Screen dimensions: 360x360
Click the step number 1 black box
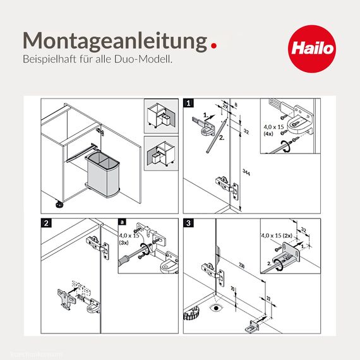(188, 102)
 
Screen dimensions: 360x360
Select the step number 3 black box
(188, 223)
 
